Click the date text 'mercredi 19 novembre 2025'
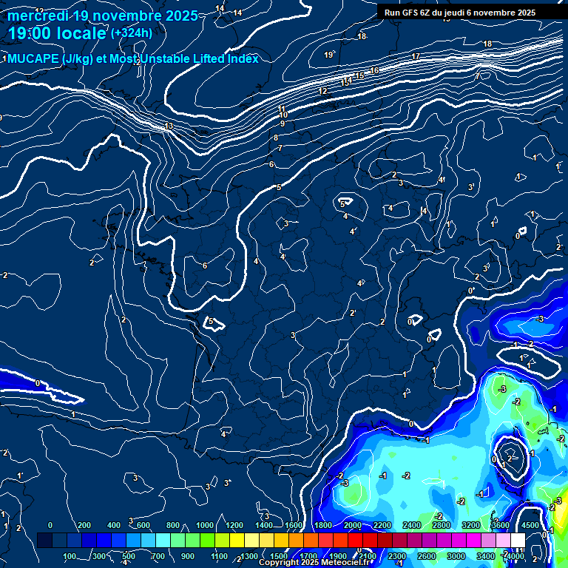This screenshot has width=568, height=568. click(x=103, y=16)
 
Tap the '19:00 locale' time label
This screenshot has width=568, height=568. click(x=57, y=33)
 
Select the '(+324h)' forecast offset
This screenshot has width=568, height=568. click(x=132, y=33)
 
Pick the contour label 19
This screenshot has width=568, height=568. click(x=328, y=55)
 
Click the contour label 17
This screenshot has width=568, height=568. click(x=416, y=57)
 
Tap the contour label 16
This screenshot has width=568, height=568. click(x=374, y=70)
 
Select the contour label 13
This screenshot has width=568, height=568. click(x=169, y=126)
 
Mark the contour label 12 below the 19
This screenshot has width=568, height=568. click(x=322, y=92)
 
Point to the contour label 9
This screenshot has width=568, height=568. click(x=282, y=124)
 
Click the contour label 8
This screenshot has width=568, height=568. click(x=276, y=138)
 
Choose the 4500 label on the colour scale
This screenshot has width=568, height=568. click(x=530, y=525)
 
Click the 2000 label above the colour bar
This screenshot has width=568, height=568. click(x=353, y=525)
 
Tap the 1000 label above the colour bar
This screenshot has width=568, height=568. click(x=205, y=525)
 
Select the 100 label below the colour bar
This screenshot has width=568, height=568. click(x=70, y=556)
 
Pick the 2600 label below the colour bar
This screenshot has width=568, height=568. click(x=426, y=556)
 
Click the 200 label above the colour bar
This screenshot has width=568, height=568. click(x=84, y=525)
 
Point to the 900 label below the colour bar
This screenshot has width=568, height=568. click(x=188, y=556)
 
